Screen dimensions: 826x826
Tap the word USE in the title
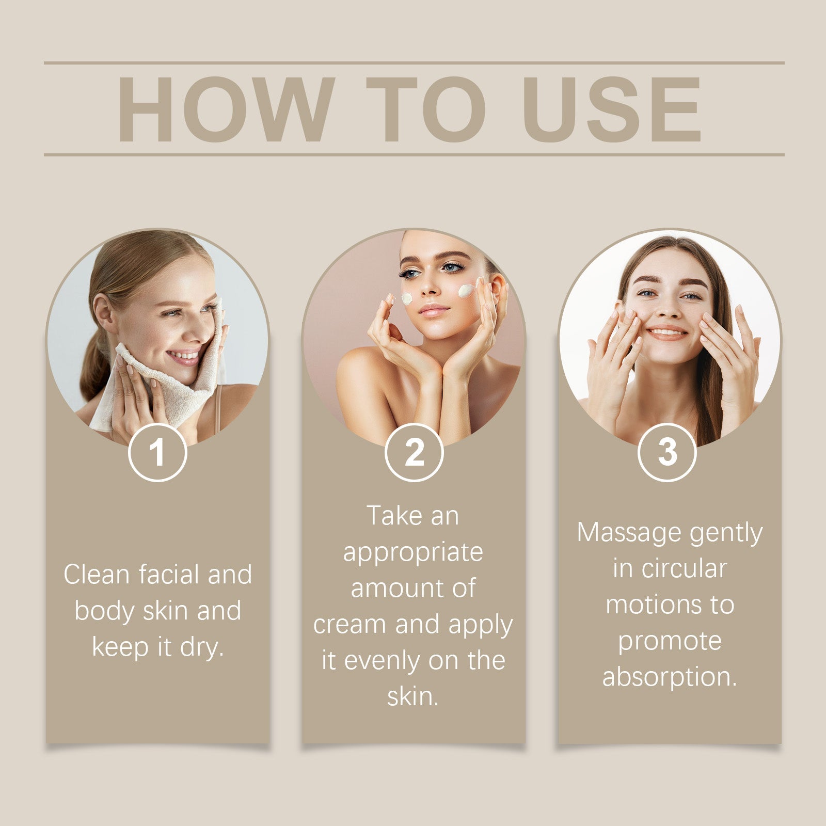[x=611, y=109]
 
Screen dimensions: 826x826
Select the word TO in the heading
[x=426, y=109]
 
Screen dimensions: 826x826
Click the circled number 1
[x=157, y=452]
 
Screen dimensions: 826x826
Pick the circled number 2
[x=414, y=452]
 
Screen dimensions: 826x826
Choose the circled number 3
[x=667, y=452]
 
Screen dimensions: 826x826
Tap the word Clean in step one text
[x=96, y=574]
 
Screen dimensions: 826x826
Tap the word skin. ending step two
[x=413, y=696]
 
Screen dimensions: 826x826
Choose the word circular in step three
[x=684, y=568]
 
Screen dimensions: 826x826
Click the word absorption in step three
[x=669, y=677]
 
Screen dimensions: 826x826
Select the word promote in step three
[x=670, y=642]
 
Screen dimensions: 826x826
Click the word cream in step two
[x=350, y=624]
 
